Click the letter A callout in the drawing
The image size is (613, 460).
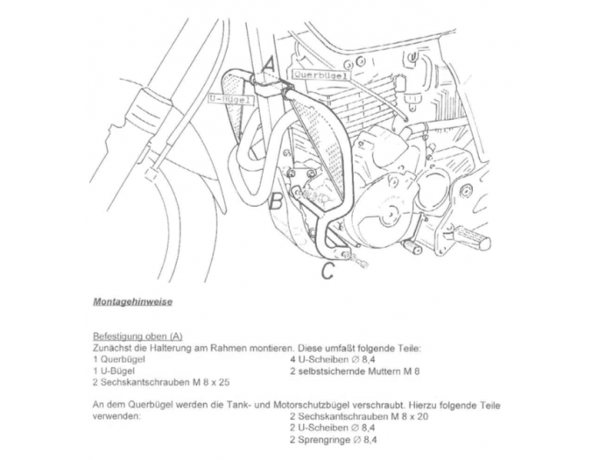pyautogui.click(x=270, y=63)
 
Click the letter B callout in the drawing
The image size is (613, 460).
pyautogui.click(x=274, y=202)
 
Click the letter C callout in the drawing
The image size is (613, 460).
pyautogui.click(x=327, y=272)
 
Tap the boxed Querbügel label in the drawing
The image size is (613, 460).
pyautogui.click(x=321, y=75)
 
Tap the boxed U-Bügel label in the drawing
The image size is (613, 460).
pyautogui.click(x=230, y=100)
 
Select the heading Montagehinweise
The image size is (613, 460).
pyautogui.click(x=132, y=301)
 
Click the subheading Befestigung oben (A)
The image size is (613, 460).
pyautogui.click(x=137, y=336)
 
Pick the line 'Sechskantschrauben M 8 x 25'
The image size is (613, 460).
pyautogui.click(x=160, y=382)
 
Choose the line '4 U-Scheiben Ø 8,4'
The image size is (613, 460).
pyautogui.click(x=333, y=359)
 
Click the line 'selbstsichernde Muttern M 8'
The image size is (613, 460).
pyautogui.click(x=355, y=371)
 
